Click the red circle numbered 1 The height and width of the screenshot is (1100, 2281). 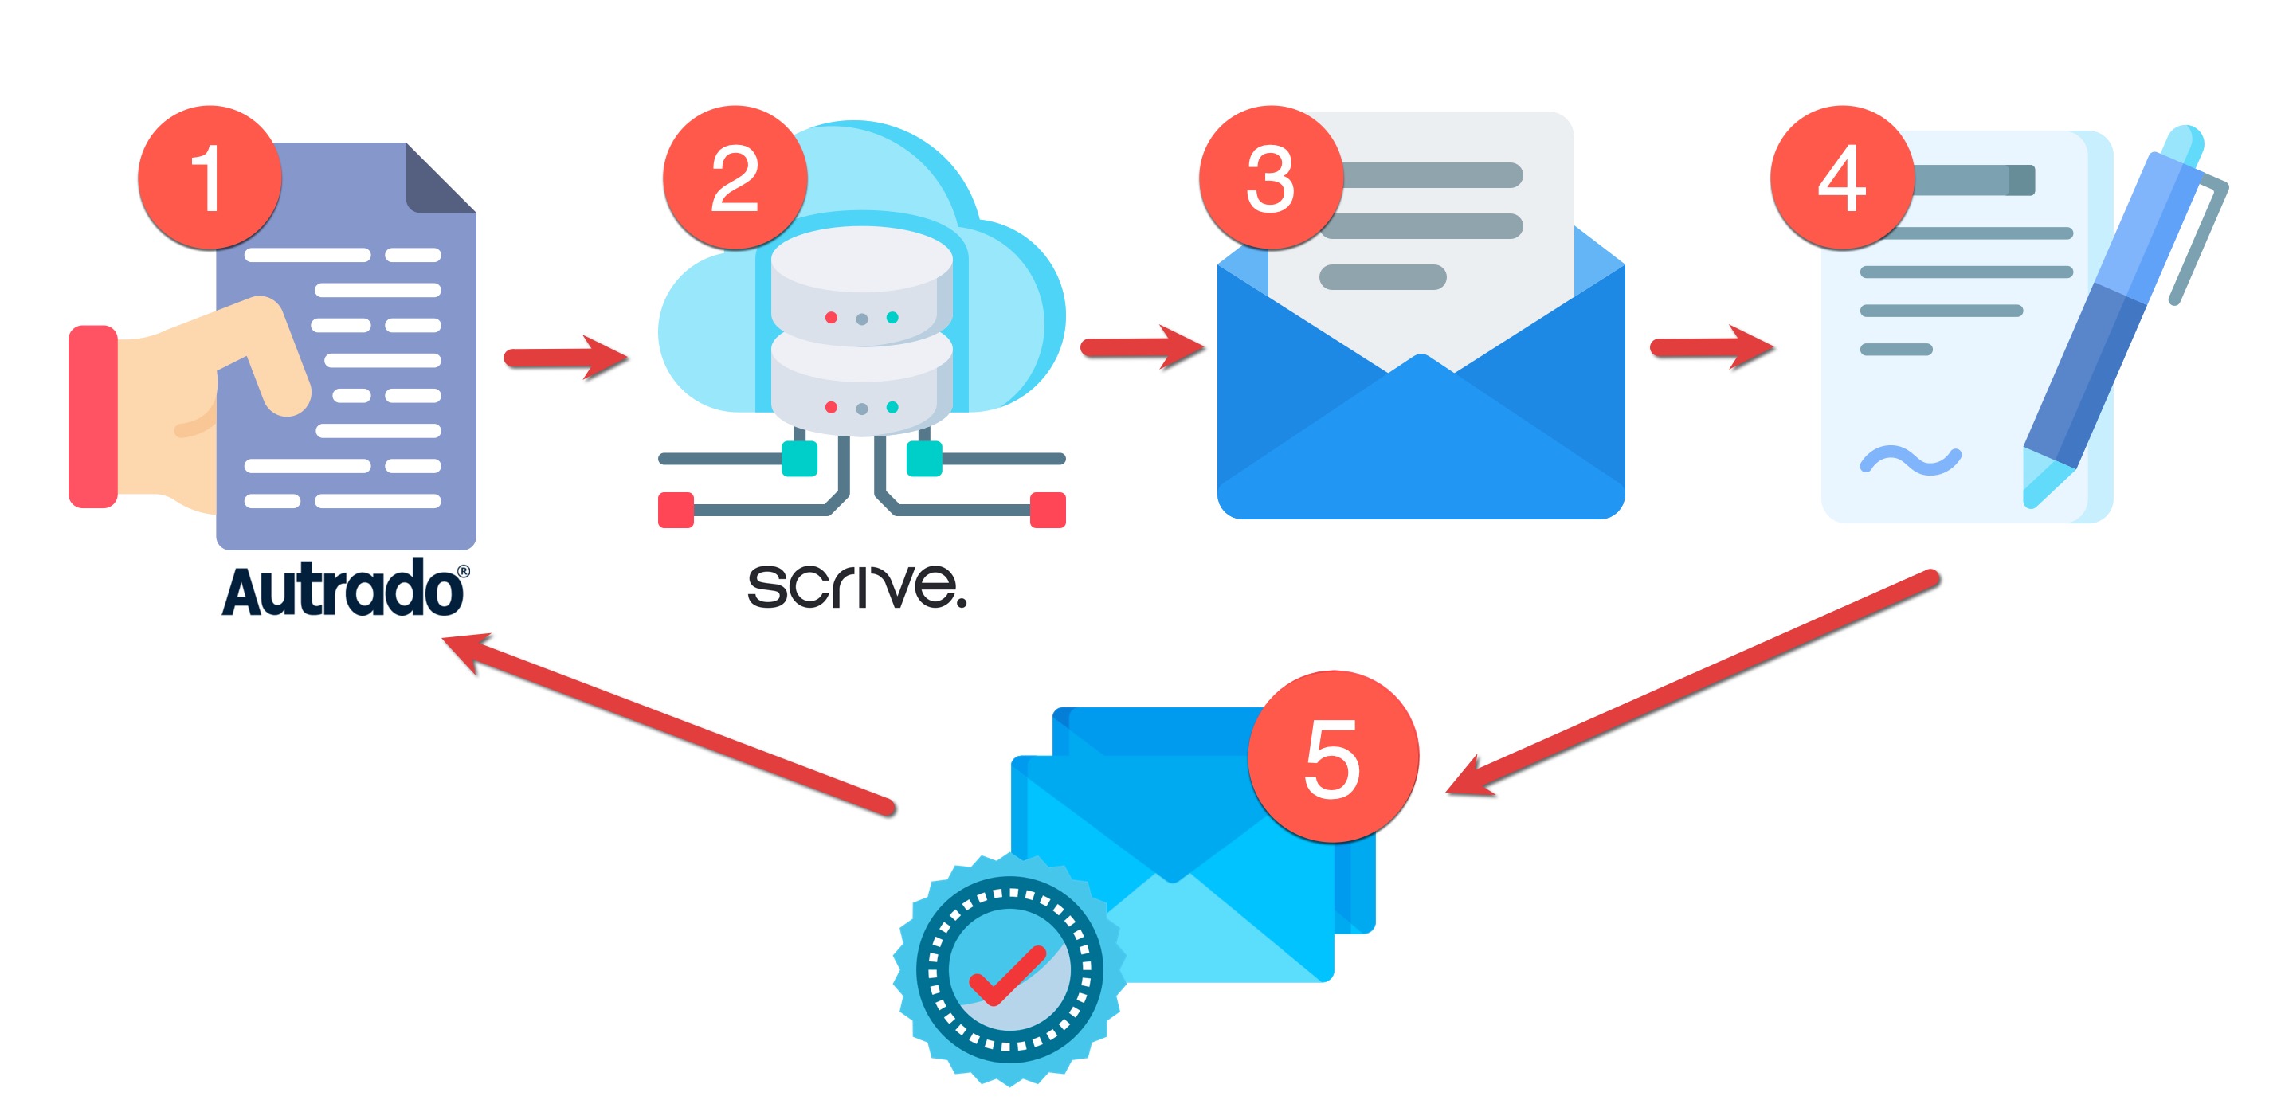pyautogui.click(x=210, y=177)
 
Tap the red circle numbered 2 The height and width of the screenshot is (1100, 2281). pyautogui.click(x=735, y=177)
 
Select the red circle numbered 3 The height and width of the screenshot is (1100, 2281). pyautogui.click(x=1271, y=177)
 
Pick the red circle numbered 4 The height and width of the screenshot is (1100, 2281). pyautogui.click(x=1842, y=177)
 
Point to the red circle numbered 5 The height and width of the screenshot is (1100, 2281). pyautogui.click(x=1333, y=757)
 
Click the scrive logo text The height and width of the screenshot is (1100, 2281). pyautogui.click(x=856, y=585)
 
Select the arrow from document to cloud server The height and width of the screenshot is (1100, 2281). pyautogui.click(x=566, y=357)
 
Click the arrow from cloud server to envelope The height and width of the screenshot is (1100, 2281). pyautogui.click(x=1142, y=347)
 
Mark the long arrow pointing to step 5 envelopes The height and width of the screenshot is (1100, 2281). pyautogui.click(x=1691, y=681)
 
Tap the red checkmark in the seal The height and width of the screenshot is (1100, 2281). pyautogui.click(x=1008, y=975)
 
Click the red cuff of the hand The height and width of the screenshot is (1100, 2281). pyautogui.click(x=93, y=416)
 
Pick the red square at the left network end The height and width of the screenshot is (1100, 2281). pyautogui.click(x=676, y=510)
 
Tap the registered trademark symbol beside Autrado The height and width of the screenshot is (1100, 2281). pyautogui.click(x=463, y=572)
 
